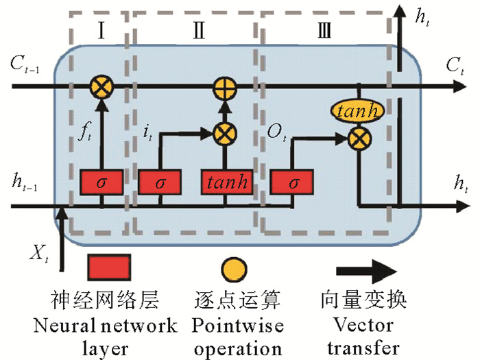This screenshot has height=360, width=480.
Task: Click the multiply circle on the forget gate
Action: tap(101, 87)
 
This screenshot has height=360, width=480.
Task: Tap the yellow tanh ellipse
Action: tap(357, 112)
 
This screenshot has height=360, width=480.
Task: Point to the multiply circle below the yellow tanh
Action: tap(357, 139)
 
